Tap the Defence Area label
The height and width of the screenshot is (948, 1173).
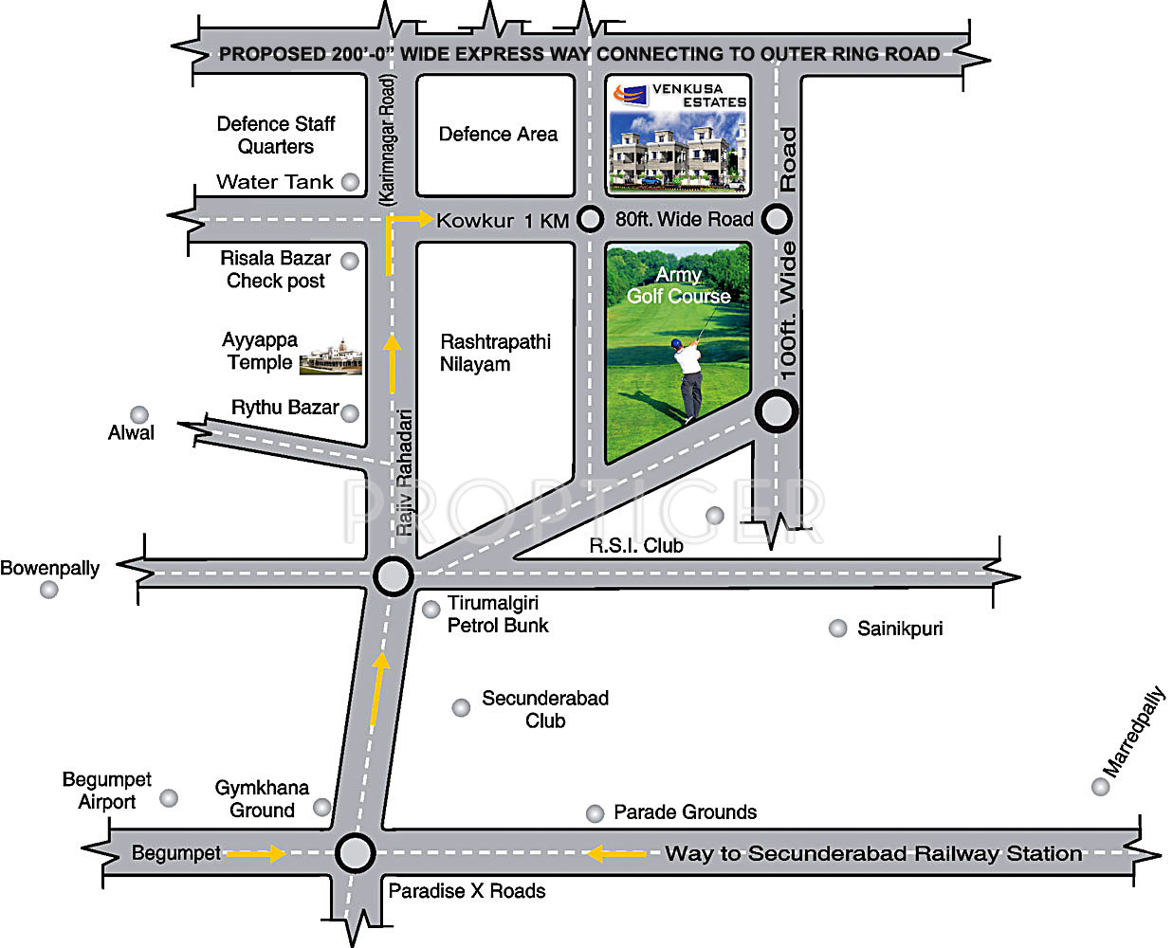coord(498,134)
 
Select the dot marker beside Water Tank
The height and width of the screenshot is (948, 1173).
coord(350,182)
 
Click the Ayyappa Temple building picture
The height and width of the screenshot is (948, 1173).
coord(331,356)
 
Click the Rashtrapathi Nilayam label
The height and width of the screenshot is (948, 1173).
coord(495,353)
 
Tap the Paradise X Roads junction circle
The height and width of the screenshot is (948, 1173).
coord(356,853)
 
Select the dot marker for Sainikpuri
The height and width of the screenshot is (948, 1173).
coord(837,629)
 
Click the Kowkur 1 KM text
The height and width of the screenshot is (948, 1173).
coord(503,221)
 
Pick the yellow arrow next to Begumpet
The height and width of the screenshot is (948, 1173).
coord(256,853)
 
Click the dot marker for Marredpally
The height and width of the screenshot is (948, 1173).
coord(1100,787)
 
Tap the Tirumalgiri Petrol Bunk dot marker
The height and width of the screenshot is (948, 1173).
coord(431,610)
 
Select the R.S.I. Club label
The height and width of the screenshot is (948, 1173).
coord(636,545)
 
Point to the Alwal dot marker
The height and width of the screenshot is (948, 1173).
coord(139,414)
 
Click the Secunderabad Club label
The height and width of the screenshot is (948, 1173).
coord(545,709)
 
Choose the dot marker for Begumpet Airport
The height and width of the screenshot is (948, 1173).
coord(169,797)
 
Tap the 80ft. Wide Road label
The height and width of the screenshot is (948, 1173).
coord(684,219)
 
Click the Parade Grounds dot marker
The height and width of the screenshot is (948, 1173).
coord(595,813)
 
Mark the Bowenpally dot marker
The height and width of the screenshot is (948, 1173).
coord(49,590)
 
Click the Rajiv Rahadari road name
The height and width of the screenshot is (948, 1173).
coord(404,472)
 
